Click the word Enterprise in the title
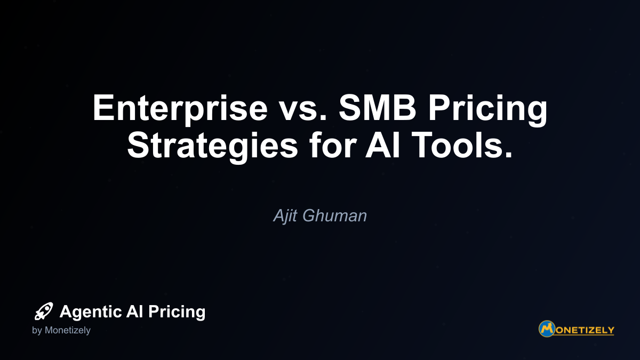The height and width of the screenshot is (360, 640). tap(180, 109)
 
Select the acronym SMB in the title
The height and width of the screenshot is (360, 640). tap(378, 108)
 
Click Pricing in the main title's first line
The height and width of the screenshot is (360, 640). tap(487, 109)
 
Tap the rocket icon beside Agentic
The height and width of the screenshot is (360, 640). tap(44, 311)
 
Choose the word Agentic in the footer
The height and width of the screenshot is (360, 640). tap(91, 312)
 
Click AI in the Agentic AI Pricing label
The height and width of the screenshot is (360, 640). tap(134, 311)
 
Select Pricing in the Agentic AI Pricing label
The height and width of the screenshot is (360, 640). tap(177, 312)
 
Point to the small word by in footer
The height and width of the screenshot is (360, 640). tap(37, 331)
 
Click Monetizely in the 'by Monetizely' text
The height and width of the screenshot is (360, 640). tap(67, 331)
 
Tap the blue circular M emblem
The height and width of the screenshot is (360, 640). tap(547, 329)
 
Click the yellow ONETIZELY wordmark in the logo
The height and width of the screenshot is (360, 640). tap(585, 330)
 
